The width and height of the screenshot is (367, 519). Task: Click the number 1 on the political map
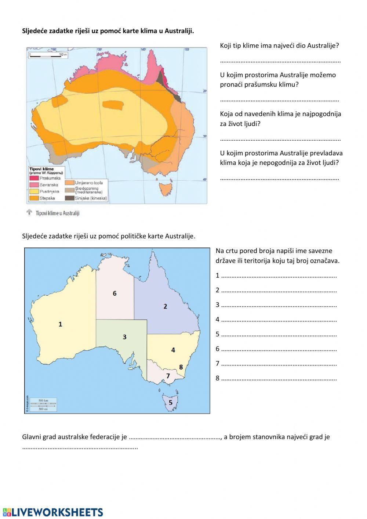60,324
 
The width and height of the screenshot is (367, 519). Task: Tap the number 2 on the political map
165,306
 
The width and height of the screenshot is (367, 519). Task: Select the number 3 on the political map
124,337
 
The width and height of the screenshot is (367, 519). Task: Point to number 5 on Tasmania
170,403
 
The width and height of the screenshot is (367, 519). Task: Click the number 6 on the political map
115,293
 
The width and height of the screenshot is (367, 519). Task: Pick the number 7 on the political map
168,376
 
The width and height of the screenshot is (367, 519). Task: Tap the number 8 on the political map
181,367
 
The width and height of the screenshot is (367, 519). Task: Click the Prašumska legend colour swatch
34,178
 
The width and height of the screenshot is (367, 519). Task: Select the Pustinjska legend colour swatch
34,191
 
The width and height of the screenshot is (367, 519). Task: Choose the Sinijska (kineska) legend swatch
70,198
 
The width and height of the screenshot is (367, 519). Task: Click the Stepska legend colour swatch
34,198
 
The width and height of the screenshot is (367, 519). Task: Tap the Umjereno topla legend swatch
70,183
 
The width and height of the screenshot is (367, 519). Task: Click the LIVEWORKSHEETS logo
53,512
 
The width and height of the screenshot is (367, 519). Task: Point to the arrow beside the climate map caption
29,213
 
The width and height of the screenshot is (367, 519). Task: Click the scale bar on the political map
43,404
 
